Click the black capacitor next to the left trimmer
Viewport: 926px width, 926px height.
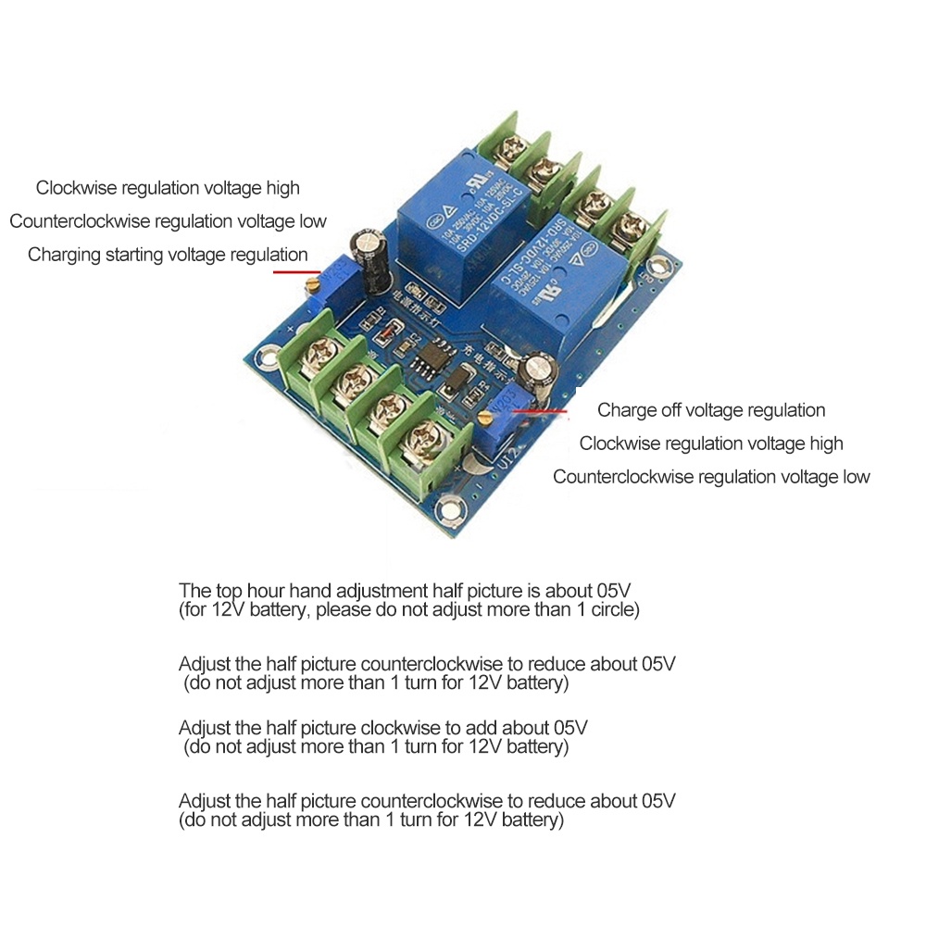[x=375, y=255]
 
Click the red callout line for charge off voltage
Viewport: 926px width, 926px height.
[x=546, y=409]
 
